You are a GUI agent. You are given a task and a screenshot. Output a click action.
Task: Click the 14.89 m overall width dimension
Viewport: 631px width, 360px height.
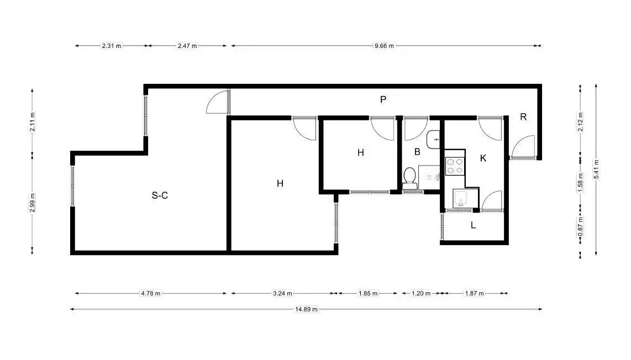coord(306,309)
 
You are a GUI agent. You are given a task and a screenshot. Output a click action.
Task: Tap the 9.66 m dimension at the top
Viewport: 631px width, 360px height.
coord(385,46)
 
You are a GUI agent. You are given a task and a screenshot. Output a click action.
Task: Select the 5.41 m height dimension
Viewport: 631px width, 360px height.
coord(596,170)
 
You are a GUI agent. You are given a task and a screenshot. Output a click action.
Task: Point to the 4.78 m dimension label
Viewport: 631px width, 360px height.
coord(150,293)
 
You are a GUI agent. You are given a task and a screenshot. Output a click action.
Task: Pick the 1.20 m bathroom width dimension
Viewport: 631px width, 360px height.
coord(421,293)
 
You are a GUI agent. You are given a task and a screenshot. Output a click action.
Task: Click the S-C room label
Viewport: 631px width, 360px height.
coord(160,195)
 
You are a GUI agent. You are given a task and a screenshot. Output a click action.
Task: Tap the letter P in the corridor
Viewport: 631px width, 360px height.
coord(383,99)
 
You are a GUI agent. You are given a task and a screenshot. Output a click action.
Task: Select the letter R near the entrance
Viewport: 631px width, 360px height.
coord(523,117)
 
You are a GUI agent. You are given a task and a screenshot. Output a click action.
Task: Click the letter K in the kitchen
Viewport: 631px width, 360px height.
coord(483,158)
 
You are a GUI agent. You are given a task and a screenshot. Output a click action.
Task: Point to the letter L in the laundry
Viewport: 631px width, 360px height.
coord(473,225)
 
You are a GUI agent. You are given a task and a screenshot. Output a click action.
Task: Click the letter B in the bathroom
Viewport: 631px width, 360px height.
coord(417,152)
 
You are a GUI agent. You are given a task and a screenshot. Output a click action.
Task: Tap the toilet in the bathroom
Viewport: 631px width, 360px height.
coord(409,178)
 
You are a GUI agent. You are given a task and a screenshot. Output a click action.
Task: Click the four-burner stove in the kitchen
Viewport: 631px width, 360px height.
coord(455,166)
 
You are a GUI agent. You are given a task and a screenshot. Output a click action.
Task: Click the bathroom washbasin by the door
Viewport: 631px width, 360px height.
coord(433,139)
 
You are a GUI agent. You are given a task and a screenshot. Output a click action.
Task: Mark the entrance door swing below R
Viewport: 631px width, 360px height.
coord(523,147)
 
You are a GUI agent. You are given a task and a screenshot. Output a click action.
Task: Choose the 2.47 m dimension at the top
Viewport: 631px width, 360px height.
coord(187,46)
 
